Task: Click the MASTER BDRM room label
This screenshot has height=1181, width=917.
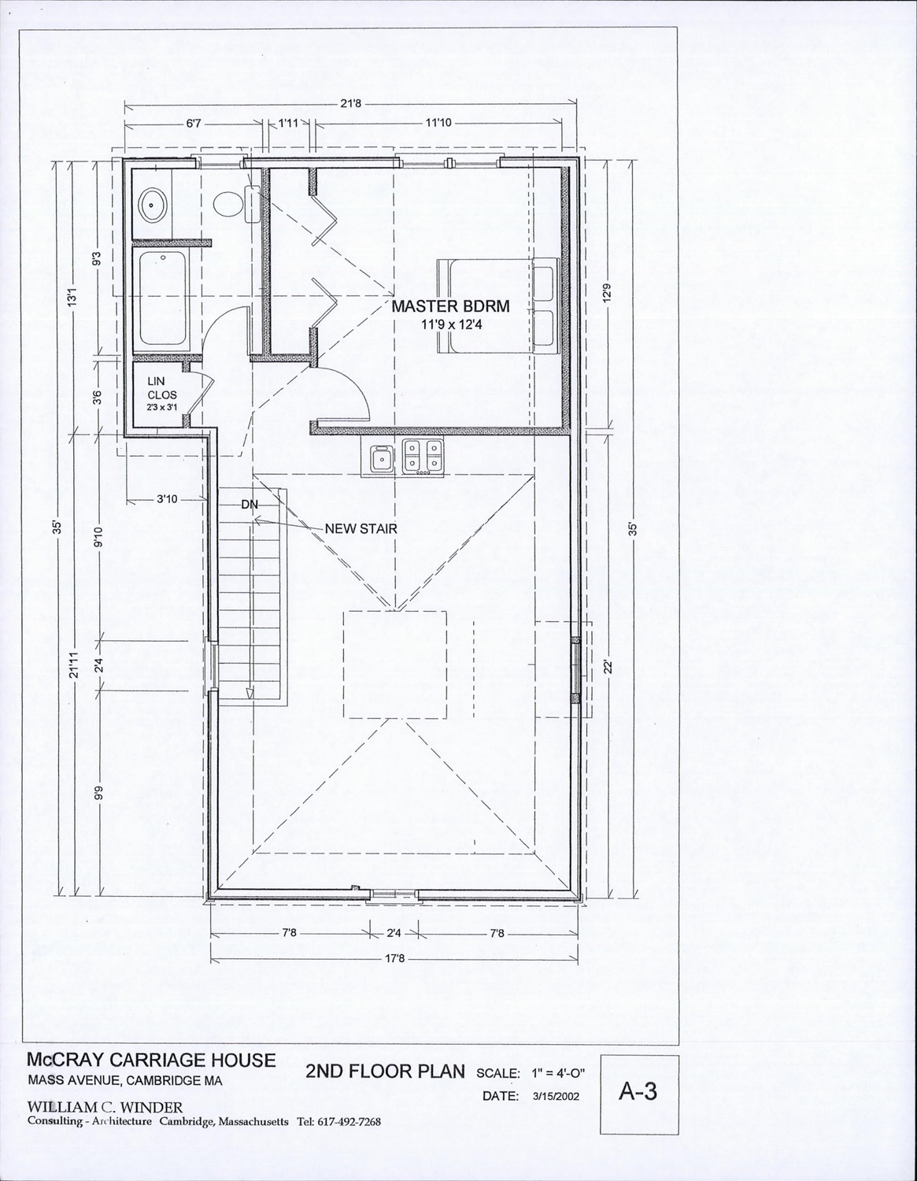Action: (450, 306)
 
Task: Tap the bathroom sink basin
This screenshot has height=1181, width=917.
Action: (152, 205)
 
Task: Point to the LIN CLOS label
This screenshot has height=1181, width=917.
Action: (162, 388)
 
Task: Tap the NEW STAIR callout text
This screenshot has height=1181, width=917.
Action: (361, 528)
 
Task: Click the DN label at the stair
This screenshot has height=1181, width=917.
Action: (250, 505)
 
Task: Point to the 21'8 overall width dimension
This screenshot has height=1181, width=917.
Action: (350, 103)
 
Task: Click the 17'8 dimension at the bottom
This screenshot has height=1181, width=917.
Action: (394, 958)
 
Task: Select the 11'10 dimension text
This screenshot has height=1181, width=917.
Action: (438, 123)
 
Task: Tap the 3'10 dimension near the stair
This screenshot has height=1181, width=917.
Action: (167, 499)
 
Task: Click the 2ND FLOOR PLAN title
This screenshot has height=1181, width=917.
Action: (385, 1071)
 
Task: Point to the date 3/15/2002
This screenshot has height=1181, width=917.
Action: (556, 1096)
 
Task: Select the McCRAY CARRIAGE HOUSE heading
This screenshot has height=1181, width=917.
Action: (152, 1060)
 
